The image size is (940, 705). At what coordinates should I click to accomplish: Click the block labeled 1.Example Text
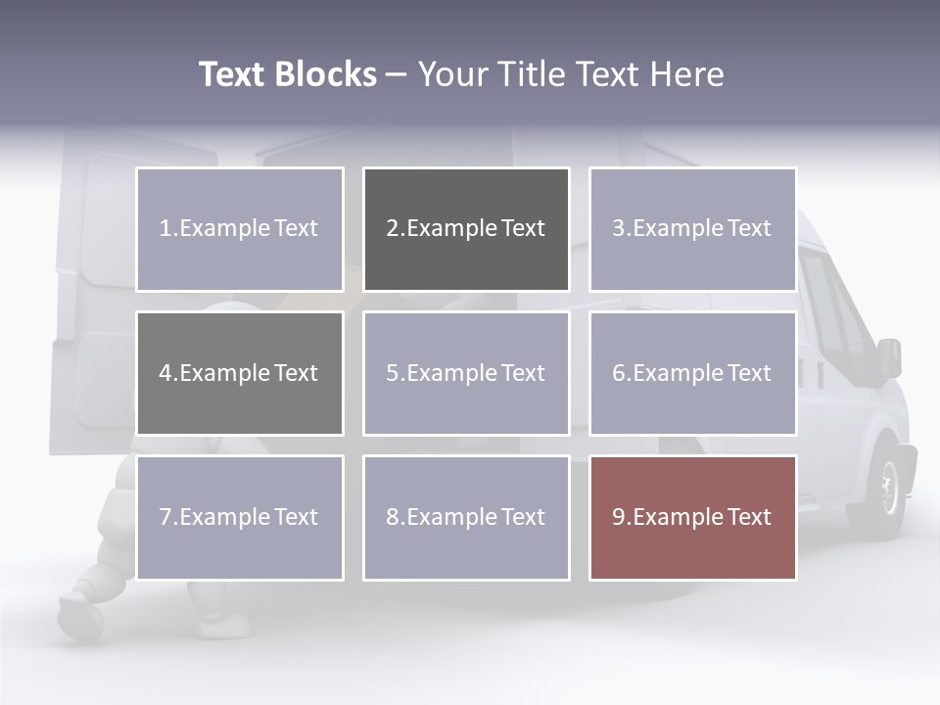click(x=240, y=229)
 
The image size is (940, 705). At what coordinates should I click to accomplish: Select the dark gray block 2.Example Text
click(x=466, y=229)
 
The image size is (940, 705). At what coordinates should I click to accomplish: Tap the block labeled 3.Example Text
click(x=692, y=229)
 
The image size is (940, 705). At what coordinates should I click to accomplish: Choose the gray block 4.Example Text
click(x=240, y=373)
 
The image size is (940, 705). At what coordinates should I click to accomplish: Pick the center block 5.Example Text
click(x=466, y=373)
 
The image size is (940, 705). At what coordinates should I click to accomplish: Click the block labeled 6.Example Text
click(x=692, y=373)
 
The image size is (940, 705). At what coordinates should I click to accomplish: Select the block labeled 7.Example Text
click(x=240, y=517)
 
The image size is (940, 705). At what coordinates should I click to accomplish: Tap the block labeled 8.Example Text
click(x=466, y=517)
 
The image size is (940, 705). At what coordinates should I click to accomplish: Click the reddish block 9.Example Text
click(x=692, y=517)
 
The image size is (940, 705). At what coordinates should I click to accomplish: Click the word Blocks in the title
click(x=325, y=74)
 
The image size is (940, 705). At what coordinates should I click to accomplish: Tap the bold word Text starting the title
click(x=233, y=74)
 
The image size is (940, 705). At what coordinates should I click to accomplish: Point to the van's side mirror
click(x=889, y=357)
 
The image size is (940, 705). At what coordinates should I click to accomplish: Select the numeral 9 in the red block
click(x=619, y=517)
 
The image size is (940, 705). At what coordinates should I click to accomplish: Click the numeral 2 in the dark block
click(x=393, y=229)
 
